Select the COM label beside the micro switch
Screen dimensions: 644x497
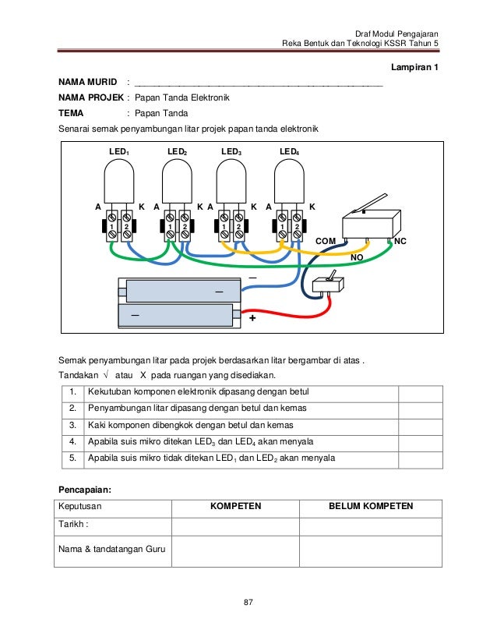(326, 242)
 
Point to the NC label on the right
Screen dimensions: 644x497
(400, 242)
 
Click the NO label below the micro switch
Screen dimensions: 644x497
(358, 257)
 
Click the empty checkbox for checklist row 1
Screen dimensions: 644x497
(420, 391)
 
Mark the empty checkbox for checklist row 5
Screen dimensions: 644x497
(420, 458)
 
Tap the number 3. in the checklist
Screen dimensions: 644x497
(72, 425)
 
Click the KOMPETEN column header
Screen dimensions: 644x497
(236, 506)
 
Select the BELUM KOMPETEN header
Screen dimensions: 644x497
(370, 506)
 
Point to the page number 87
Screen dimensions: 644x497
(248, 601)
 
